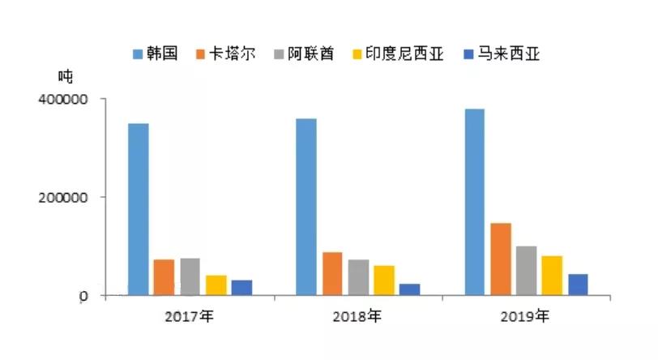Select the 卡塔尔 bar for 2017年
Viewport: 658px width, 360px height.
[164, 277]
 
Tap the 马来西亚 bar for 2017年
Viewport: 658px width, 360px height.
[241, 288]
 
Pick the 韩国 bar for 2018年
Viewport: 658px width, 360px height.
[306, 207]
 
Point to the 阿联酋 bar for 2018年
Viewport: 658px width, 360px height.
[358, 277]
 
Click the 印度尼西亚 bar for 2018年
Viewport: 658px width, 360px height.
[384, 281]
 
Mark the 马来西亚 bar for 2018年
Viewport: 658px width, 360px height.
[410, 289]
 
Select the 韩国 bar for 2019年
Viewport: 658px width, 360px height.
[475, 202]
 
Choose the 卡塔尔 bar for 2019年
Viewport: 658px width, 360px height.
[501, 259]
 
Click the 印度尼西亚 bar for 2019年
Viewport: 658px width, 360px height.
[553, 276]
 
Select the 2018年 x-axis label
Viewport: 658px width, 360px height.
[357, 315]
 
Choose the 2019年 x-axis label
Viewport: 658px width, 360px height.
[526, 315]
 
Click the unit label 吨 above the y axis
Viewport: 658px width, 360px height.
[65, 77]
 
